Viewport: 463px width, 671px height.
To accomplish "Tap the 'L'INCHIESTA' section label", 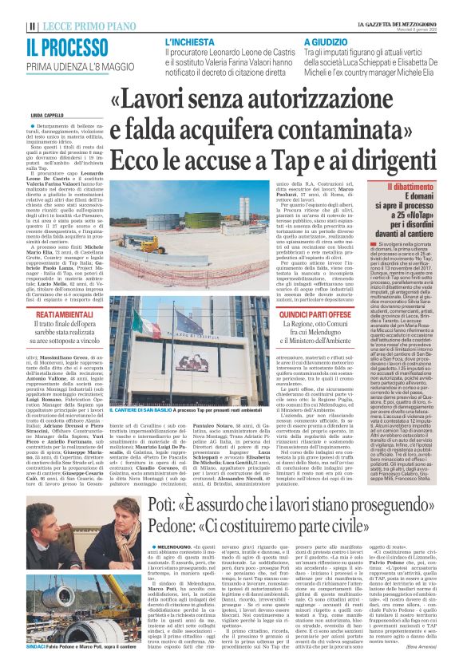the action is coord(188,41).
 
